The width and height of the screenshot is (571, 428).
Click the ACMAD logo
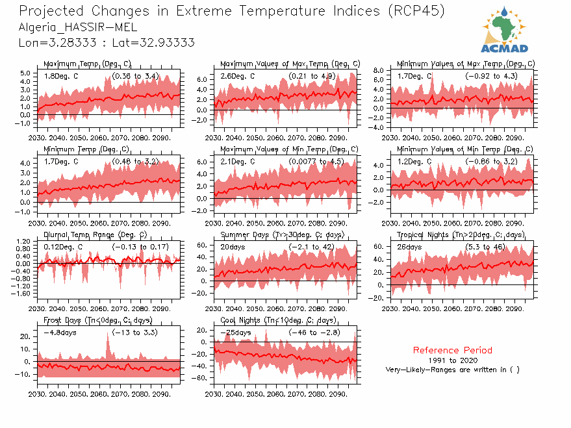[x=504, y=30]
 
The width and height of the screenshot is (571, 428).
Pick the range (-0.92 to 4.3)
[x=491, y=76]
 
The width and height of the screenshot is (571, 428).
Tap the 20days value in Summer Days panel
[x=233, y=247]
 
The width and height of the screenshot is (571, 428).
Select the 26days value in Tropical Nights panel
[x=410, y=247]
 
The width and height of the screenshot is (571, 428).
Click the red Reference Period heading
[x=452, y=350]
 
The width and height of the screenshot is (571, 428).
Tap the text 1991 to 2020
[x=452, y=360]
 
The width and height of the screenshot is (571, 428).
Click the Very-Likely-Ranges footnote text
[x=452, y=370]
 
